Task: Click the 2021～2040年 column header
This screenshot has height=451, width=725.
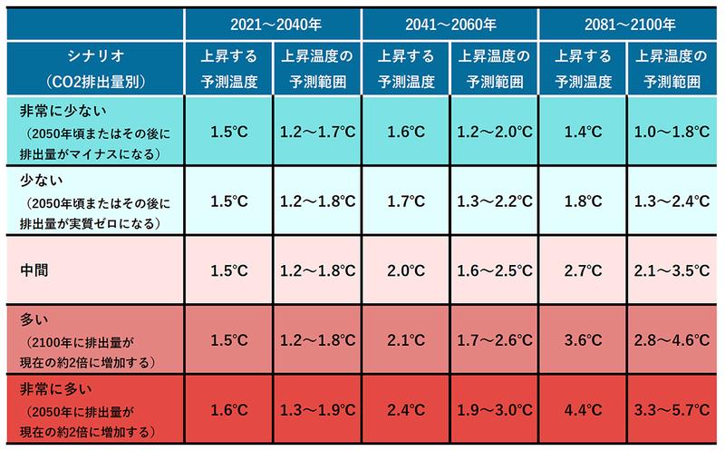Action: (x=272, y=21)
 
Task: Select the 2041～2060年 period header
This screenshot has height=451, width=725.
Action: (x=449, y=21)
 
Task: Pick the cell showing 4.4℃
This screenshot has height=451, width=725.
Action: (x=584, y=407)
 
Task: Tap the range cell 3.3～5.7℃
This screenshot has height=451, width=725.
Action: (x=672, y=407)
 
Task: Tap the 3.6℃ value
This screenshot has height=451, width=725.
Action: (x=584, y=341)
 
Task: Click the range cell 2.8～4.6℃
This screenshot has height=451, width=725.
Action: (x=672, y=341)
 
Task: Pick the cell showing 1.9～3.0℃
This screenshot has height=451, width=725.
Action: (x=494, y=407)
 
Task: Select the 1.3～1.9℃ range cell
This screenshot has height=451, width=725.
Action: (x=316, y=407)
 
